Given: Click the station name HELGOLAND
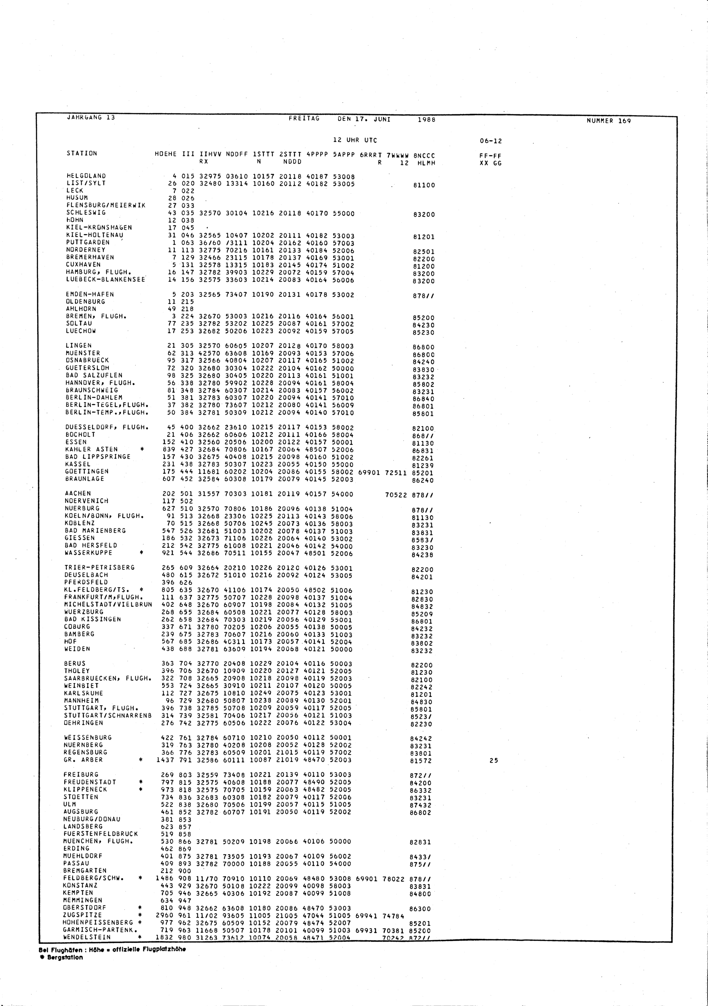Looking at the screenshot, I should (x=86, y=176).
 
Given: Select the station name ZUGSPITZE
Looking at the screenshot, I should (x=82, y=915).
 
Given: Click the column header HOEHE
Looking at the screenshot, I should (x=166, y=154).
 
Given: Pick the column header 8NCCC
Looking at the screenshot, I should (x=424, y=155).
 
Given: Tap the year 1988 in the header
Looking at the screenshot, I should (x=427, y=120).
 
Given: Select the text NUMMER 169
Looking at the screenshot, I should (x=608, y=121).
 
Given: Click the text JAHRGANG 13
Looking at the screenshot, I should (x=91, y=117).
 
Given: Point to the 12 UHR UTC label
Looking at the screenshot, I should (x=355, y=140).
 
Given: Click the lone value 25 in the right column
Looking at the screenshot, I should (x=493, y=761).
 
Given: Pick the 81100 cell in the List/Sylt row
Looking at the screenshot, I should (x=424, y=185).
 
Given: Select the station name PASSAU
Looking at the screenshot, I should (x=76, y=863).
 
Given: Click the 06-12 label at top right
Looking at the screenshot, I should (x=491, y=141).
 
